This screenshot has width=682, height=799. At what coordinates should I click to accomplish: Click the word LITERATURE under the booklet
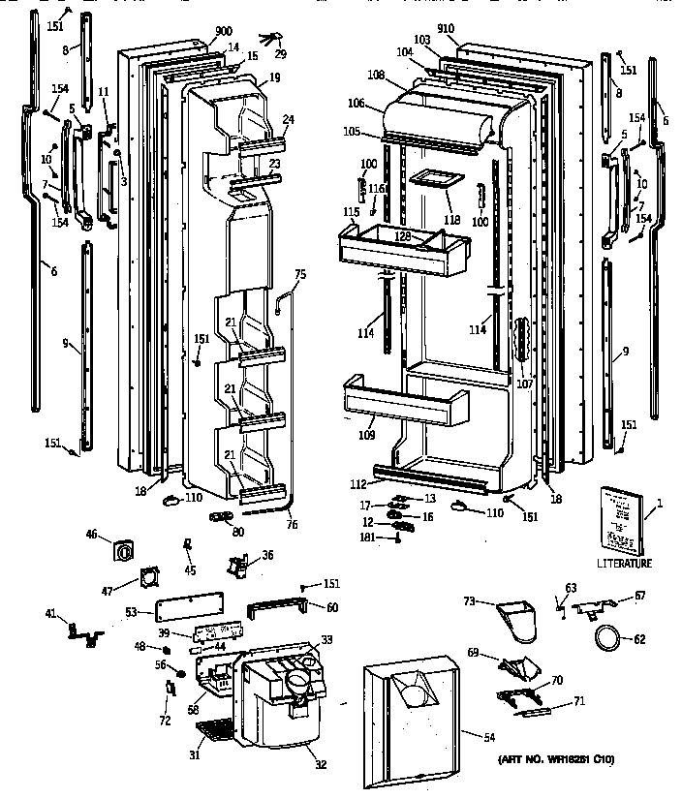624,563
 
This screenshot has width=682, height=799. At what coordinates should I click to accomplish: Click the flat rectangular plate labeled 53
190,610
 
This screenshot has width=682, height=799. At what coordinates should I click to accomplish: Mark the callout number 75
299,275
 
